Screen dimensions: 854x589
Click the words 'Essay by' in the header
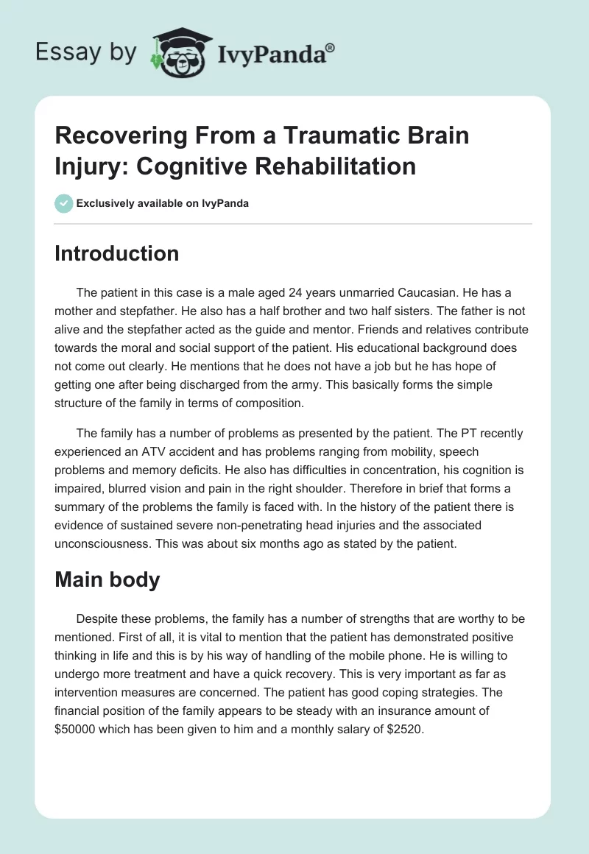pyautogui.click(x=86, y=52)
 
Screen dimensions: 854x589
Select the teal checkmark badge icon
pyautogui.click(x=64, y=203)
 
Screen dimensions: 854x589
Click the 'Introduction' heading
pyautogui.click(x=117, y=253)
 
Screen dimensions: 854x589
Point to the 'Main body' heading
pyautogui.click(x=107, y=579)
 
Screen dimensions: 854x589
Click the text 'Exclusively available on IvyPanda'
pyautogui.click(x=163, y=203)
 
